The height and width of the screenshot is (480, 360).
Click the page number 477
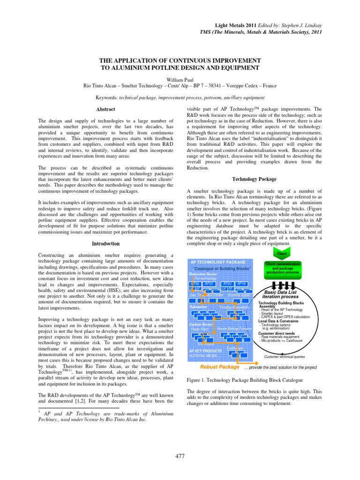[x=180, y=457]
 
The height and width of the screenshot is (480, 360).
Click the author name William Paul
[x=180, y=80]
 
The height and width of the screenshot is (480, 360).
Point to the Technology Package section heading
[x=255, y=179]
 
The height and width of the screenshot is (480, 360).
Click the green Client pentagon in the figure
[x=282, y=254]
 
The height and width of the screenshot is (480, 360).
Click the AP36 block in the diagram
[x=195, y=284]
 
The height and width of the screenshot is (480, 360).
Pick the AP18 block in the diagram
[x=242, y=284]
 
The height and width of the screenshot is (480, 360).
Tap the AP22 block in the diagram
[x=227, y=284]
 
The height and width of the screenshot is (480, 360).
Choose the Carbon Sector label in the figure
[x=201, y=324]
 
